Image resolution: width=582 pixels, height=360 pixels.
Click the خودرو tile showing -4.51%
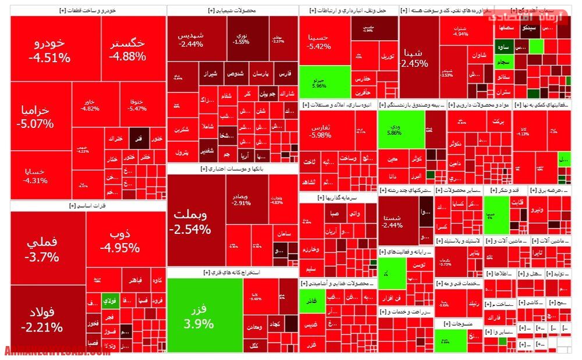[x=49, y=49]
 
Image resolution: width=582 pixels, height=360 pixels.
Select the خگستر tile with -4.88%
[x=127, y=49]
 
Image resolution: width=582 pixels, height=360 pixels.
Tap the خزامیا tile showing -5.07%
[x=35, y=116]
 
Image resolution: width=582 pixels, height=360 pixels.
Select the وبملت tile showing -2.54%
[x=190, y=221]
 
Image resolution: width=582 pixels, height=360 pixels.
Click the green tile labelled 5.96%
[x=320, y=81]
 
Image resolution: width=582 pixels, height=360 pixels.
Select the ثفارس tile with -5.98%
[x=320, y=131]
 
